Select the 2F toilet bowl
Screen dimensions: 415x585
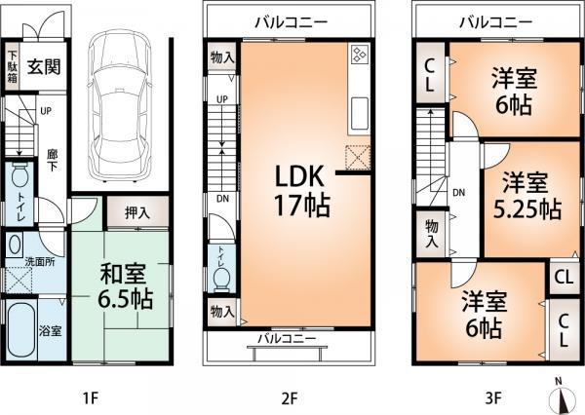pos(221,277)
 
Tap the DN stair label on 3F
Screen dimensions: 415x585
pos(457,192)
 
